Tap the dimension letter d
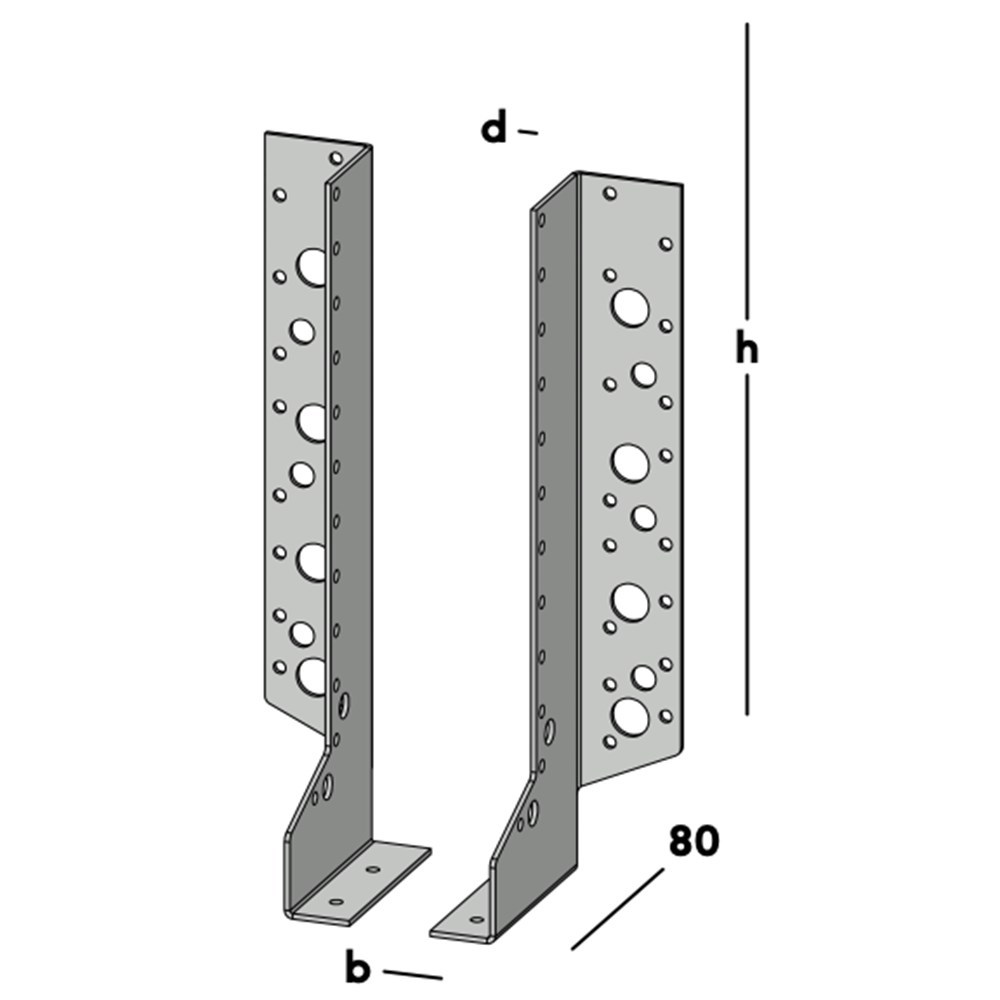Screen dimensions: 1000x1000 pos(494,129)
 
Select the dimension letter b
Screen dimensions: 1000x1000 pos(358,967)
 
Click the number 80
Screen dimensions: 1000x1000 pos(693,841)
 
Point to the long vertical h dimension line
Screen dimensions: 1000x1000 pos(747,550)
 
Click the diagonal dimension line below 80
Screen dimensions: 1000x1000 pos(617,909)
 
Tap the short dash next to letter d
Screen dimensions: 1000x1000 pos(528,132)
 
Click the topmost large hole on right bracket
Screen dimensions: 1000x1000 pos(630,307)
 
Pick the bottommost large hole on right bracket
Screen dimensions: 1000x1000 pos(630,715)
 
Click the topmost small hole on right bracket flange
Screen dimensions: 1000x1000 pos(610,193)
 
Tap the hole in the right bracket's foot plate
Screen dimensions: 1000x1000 pos(476,919)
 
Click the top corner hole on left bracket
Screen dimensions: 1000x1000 pos(336,157)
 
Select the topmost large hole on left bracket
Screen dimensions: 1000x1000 pos(311,266)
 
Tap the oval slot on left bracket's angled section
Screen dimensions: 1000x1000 pos(328,784)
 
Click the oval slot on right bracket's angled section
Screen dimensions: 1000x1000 pos(533,811)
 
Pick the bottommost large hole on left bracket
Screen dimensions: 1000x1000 pos(312,677)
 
